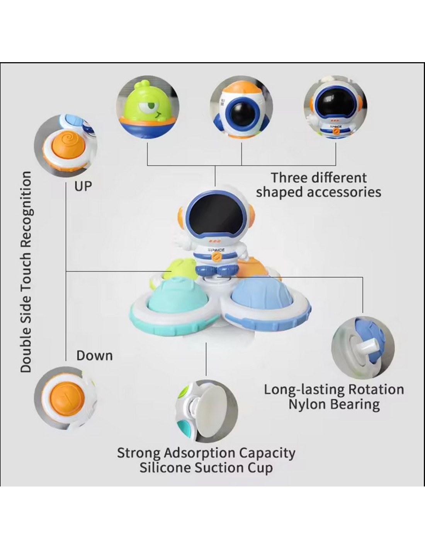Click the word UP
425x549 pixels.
click(x=83, y=186)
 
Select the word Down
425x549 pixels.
click(x=95, y=356)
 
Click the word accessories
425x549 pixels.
click(x=344, y=192)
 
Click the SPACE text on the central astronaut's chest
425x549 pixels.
click(x=216, y=250)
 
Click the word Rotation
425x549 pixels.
click(x=376, y=389)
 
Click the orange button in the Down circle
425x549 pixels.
click(x=67, y=399)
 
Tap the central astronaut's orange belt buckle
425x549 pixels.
click(x=216, y=258)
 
